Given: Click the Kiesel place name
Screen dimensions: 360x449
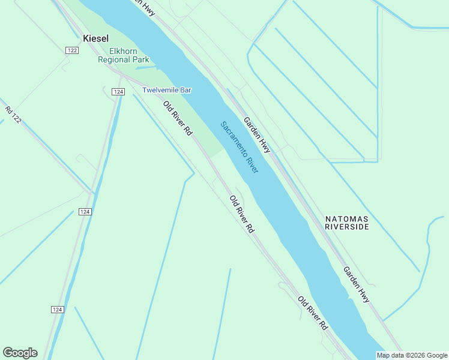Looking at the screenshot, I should [x=95, y=38].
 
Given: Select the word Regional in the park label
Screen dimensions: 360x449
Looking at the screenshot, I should [x=115, y=60].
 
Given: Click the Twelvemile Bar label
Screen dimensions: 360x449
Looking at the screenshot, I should [x=166, y=90].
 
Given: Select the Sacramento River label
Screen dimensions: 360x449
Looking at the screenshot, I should [x=239, y=147].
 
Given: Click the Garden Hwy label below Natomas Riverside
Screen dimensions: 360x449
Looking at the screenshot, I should [x=357, y=284].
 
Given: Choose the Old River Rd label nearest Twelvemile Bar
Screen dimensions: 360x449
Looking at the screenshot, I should [x=178, y=118].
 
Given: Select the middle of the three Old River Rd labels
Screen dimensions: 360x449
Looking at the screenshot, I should [x=242, y=214].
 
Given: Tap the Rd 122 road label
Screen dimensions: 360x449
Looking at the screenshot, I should [x=13, y=115].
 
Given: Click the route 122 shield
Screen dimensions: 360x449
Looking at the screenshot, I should [x=72, y=51].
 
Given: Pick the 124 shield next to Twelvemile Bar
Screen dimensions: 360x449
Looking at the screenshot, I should [x=118, y=92].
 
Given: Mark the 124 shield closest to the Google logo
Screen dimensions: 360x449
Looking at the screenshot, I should [x=56, y=309].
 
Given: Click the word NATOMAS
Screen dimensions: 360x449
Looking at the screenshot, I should [x=346, y=218].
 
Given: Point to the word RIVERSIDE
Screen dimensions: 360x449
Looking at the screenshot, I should [x=346, y=227].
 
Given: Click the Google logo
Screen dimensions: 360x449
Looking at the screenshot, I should [x=20, y=353].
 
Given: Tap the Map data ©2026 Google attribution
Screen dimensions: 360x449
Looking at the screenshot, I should [x=412, y=355].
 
